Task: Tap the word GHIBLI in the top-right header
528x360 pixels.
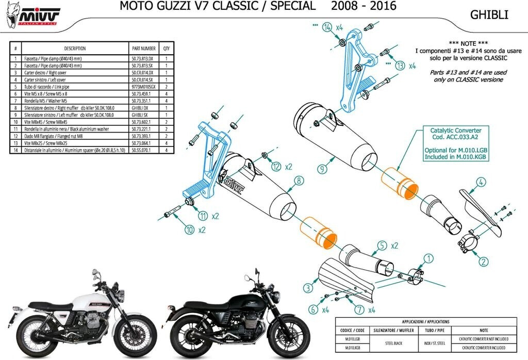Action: [489, 15]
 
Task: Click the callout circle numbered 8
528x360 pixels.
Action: [298, 181]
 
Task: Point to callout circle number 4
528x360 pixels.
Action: [480, 182]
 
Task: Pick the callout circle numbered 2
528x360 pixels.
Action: [483, 261]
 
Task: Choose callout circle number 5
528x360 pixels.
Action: [382, 246]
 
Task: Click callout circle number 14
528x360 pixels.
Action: [326, 27]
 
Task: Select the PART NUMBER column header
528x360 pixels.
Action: [143, 48]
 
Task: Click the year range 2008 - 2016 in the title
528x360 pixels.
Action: [364, 6]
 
